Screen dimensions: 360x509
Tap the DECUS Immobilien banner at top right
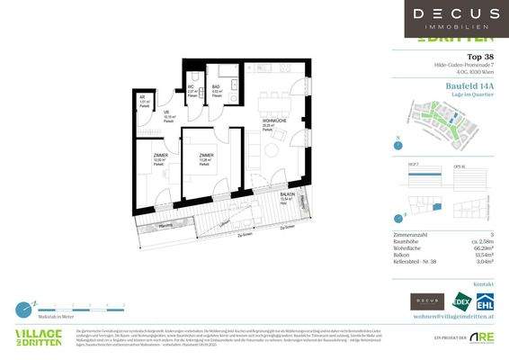coord(456,19)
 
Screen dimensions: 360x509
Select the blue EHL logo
coord(486,301)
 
